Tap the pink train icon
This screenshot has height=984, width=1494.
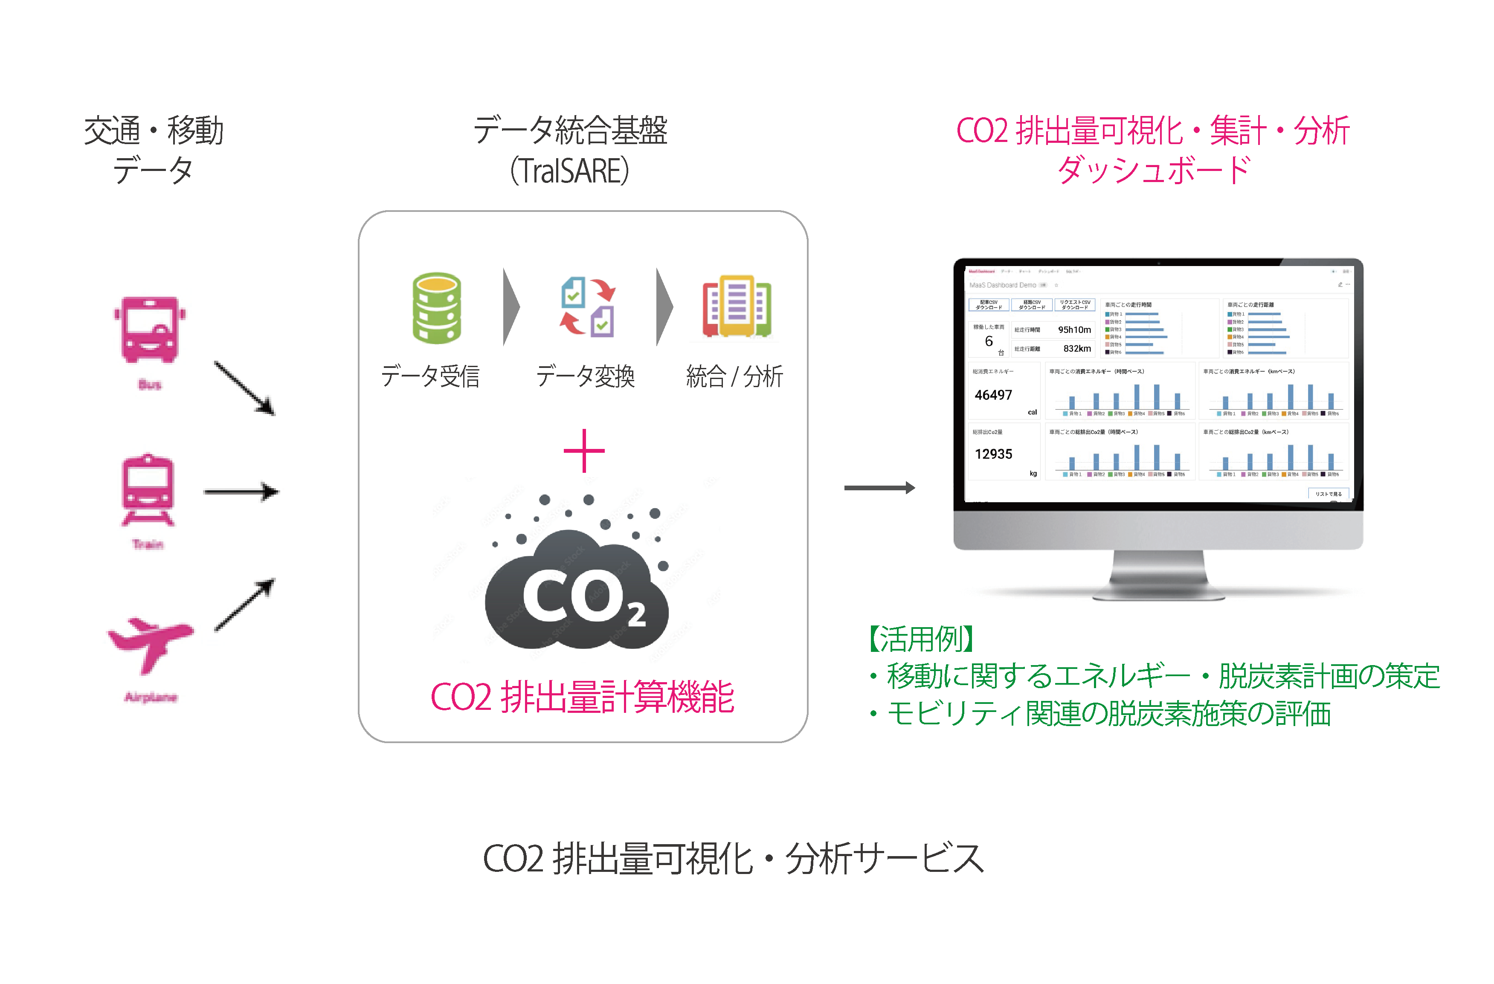point(148,489)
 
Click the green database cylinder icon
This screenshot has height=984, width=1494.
point(436,308)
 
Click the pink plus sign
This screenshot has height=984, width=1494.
point(584,451)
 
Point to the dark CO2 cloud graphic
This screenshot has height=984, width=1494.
point(576,590)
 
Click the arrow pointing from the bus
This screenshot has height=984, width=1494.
point(244,388)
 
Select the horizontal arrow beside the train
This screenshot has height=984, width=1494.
point(241,492)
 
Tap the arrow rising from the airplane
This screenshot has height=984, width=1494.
point(244,604)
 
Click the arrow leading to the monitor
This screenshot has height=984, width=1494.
point(879,488)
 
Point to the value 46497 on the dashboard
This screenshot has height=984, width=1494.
point(993,395)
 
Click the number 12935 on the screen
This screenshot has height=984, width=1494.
point(993,454)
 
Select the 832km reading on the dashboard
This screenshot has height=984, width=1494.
point(1076,348)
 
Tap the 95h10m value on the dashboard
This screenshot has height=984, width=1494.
point(1074,330)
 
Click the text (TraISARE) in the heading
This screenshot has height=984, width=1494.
point(569,171)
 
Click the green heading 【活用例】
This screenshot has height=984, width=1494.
point(921,639)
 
